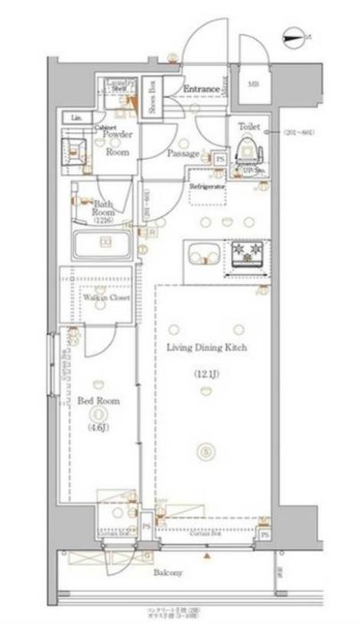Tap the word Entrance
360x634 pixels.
pyautogui.click(x=203, y=89)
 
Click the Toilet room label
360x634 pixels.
pyautogui.click(x=248, y=127)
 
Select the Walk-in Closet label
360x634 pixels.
pyautogui.click(x=105, y=297)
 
